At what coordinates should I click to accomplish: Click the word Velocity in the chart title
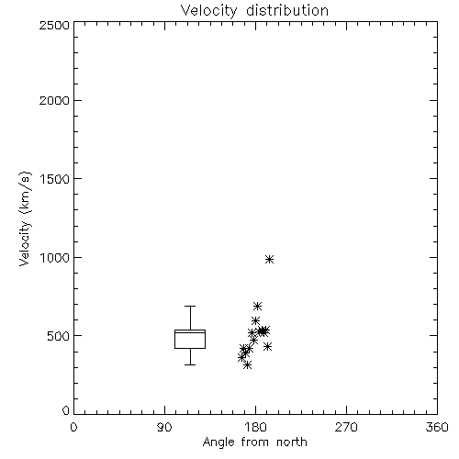(208, 11)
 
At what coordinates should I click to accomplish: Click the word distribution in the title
(287, 10)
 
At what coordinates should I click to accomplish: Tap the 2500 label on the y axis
(55, 25)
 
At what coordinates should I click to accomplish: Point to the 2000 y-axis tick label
(55, 100)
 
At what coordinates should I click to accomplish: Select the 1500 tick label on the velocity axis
(55, 179)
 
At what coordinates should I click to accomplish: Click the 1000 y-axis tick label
(55, 258)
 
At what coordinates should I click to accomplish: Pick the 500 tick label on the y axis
(59, 336)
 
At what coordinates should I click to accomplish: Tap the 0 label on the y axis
(66, 410)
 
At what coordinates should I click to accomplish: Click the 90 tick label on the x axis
(164, 427)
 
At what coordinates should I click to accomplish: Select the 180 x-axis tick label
(255, 427)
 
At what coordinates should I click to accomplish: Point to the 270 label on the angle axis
(346, 427)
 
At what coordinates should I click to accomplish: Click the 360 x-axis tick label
(437, 427)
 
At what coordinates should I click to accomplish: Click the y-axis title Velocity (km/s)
(25, 218)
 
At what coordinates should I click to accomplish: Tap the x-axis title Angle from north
(255, 442)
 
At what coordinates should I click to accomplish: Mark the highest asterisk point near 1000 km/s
(269, 260)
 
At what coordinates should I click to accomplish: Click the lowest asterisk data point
(248, 364)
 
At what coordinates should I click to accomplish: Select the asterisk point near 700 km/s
(257, 306)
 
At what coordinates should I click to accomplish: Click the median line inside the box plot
(190, 332)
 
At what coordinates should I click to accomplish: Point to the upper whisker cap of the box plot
(190, 306)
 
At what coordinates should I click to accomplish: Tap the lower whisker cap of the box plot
(190, 364)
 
